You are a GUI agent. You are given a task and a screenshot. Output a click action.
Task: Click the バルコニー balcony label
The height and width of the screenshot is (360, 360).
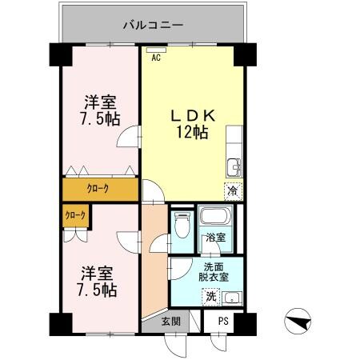[154, 25]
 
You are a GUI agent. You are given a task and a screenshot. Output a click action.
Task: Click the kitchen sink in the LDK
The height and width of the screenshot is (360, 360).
[233, 166]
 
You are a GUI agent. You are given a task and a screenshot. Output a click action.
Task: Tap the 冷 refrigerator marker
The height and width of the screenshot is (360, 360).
[231, 191]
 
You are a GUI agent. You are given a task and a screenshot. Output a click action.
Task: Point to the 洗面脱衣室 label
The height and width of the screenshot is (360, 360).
[213, 272]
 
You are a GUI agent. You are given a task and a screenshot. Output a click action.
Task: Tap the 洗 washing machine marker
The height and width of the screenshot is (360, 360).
[210, 298]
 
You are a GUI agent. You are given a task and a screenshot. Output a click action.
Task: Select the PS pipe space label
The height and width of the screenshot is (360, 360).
[224, 322]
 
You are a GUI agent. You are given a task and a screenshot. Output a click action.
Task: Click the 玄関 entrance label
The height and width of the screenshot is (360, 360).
[170, 322]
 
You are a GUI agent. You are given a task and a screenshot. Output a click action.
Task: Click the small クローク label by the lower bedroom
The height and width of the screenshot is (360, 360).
[76, 215]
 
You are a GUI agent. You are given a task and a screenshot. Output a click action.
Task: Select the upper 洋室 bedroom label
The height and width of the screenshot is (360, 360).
[102, 110]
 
